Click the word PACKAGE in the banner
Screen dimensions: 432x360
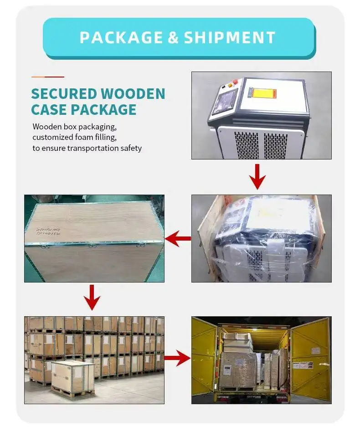tap(120, 37)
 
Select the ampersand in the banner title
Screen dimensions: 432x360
tap(173, 37)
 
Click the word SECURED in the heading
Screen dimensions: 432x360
tap(63, 94)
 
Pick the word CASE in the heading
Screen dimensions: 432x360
tap(49, 110)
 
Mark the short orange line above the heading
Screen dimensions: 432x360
tap(47, 77)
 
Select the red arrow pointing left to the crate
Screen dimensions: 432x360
tap(178, 238)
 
